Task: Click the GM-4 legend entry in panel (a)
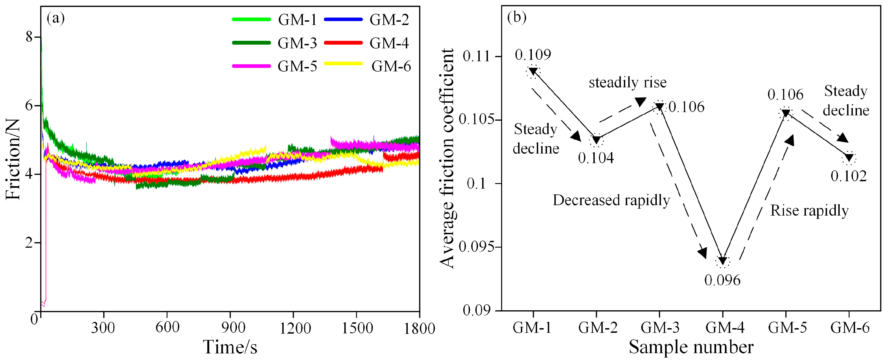click(389, 43)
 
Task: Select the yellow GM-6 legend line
click(343, 64)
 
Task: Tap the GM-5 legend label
click(297, 66)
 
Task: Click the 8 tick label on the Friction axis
click(29, 37)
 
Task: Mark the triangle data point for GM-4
click(722, 261)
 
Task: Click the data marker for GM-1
click(533, 71)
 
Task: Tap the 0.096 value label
click(722, 280)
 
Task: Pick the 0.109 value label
click(533, 54)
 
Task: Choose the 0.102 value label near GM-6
click(848, 177)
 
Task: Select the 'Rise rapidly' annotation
click(809, 211)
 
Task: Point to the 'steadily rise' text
click(627, 83)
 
